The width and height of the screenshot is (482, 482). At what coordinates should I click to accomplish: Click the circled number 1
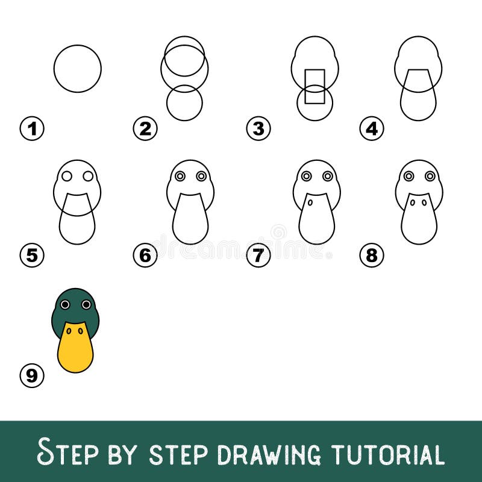click(32, 128)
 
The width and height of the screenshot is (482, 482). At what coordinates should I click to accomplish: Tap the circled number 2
click(145, 128)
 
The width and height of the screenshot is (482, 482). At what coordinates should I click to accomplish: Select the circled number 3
click(258, 128)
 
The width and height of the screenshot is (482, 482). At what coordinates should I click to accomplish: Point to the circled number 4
click(372, 128)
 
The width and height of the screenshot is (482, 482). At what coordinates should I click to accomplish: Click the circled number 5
click(32, 255)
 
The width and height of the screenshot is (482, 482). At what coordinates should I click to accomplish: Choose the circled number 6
click(145, 255)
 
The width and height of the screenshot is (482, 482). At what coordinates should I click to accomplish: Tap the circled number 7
click(258, 255)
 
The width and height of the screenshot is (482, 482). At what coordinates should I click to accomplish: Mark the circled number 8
click(372, 255)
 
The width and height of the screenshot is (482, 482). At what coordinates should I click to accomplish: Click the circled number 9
click(32, 377)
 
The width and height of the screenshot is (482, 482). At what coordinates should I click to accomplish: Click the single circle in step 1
click(78, 69)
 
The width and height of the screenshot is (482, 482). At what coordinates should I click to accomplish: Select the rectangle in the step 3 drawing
click(315, 86)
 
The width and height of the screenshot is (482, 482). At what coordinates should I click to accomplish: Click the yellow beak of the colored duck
click(75, 349)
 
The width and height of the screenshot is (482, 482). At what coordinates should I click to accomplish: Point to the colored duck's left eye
click(64, 305)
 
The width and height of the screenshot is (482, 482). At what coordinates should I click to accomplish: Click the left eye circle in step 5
click(67, 176)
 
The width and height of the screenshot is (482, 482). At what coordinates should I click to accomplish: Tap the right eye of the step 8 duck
click(430, 176)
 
